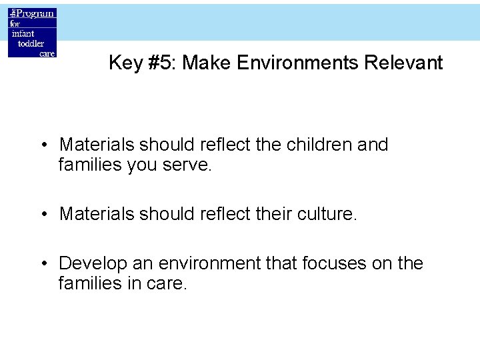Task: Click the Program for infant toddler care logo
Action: tap(32, 33)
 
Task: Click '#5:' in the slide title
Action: tap(159, 63)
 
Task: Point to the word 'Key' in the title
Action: tap(124, 63)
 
